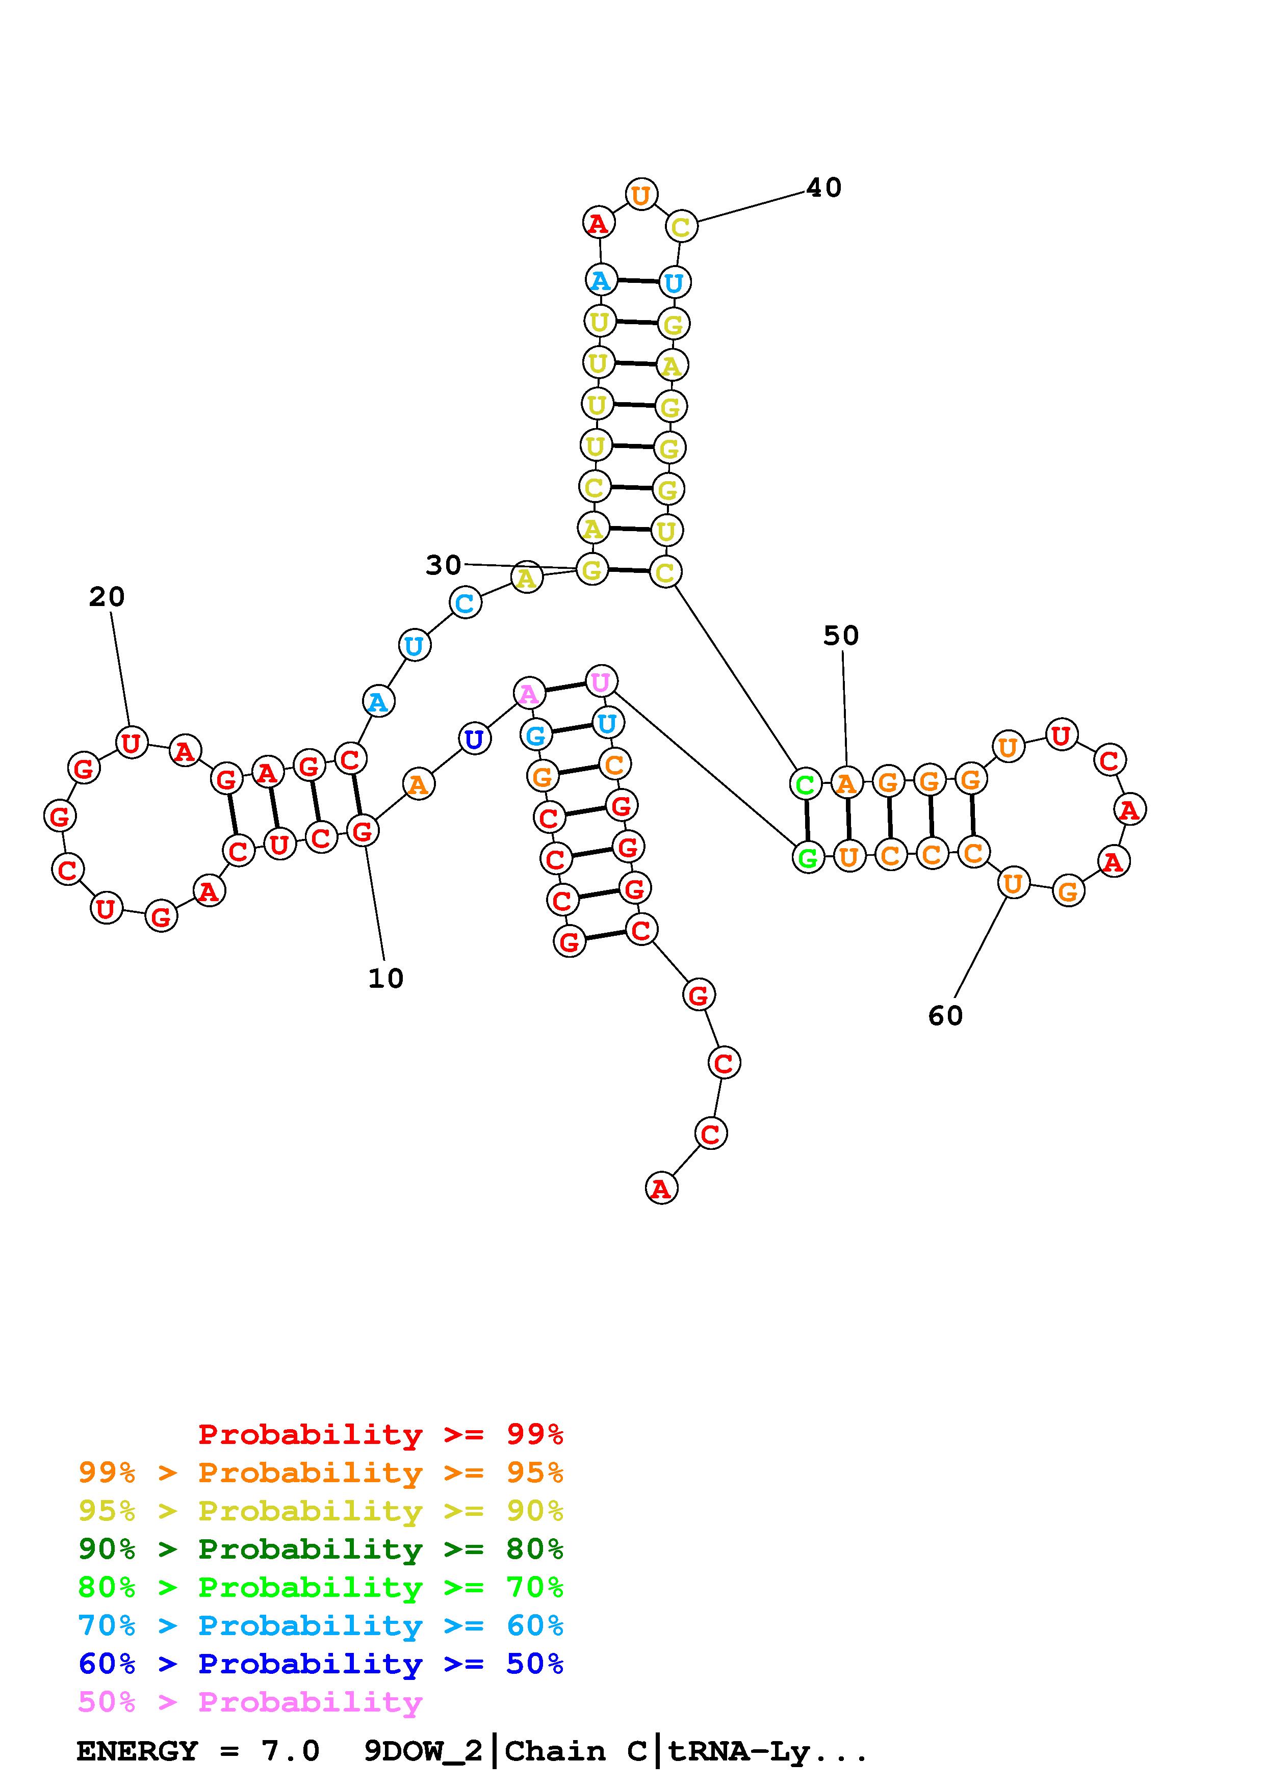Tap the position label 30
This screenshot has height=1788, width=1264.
pyautogui.click(x=443, y=565)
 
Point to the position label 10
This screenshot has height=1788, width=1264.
pyautogui.click(x=385, y=978)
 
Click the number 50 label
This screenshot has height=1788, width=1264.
pyautogui.click(x=841, y=636)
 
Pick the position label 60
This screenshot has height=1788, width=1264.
pyautogui.click(x=945, y=1015)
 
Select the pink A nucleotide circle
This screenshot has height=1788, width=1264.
pyautogui.click(x=529, y=692)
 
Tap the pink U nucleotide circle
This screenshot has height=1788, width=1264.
pyautogui.click(x=601, y=682)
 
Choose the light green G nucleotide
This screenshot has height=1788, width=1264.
pyautogui.click(x=808, y=858)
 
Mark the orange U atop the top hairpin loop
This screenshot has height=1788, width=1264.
pyautogui.click(x=641, y=194)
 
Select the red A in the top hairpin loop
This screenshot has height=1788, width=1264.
pyautogui.click(x=598, y=223)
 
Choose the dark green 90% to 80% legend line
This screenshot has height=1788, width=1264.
pyautogui.click(x=321, y=1549)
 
